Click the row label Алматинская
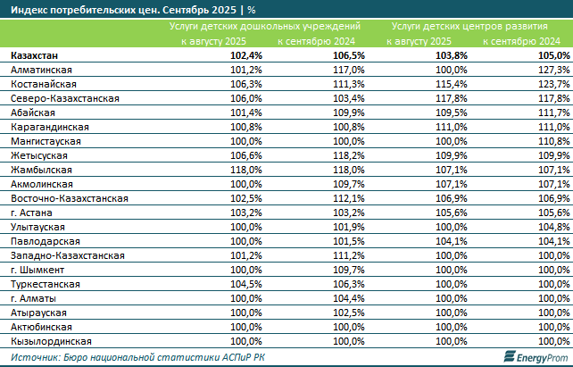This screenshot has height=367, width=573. (x=40, y=70)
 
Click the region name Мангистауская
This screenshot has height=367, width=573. (x=46, y=141)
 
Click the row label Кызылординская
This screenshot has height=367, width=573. (x=49, y=341)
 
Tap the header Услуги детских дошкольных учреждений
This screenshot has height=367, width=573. (x=265, y=28)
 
